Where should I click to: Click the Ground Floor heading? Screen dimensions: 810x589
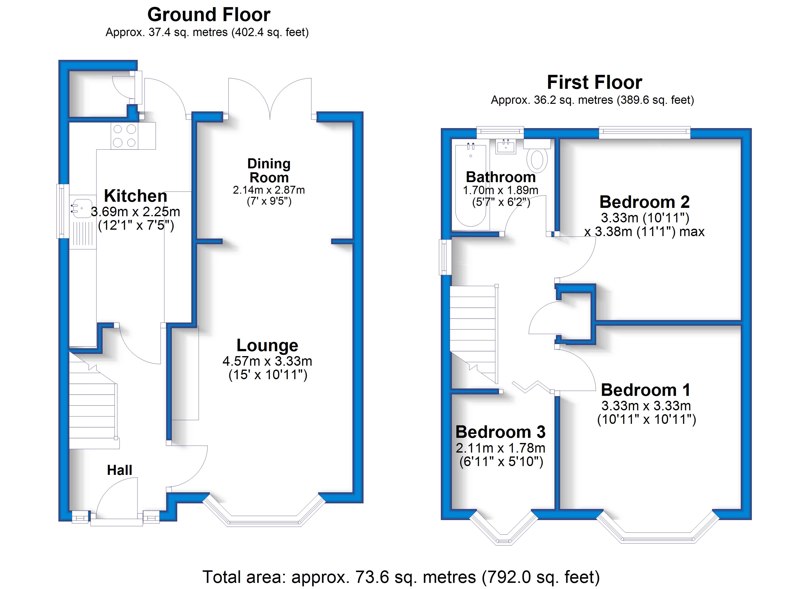pos(209,15)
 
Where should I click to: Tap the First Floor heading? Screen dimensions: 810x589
pos(595,82)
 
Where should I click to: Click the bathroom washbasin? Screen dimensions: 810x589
pos(506,147)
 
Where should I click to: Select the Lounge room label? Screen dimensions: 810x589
pos(267,345)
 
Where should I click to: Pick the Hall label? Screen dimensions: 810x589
pos(120,470)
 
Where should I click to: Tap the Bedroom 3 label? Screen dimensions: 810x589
pos(500,432)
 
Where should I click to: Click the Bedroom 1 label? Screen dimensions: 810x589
pos(646,390)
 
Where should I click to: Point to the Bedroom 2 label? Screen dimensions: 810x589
pos(644,202)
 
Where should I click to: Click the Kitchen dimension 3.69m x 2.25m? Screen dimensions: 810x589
pos(135,212)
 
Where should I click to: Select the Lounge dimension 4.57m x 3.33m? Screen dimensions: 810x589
pos(267,361)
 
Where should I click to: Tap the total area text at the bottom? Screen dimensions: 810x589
pos(401,577)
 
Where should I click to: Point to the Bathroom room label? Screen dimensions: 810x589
pos(501,177)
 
